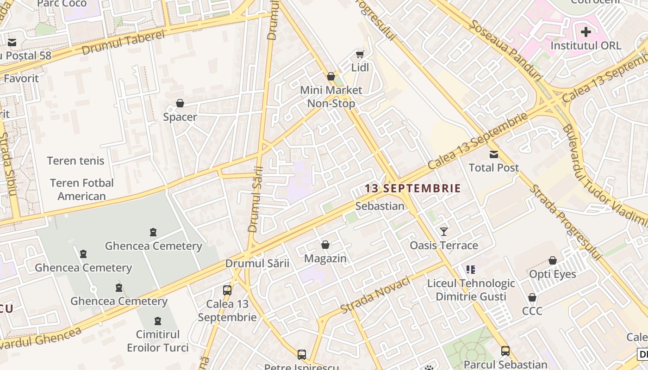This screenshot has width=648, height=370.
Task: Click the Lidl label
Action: click(x=360, y=68)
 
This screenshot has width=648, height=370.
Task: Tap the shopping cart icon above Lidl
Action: click(x=360, y=54)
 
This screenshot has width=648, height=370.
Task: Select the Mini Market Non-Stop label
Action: click(x=331, y=97)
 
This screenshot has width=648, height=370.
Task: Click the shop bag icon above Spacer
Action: click(x=180, y=103)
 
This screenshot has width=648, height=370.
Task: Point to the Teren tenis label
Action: click(x=75, y=161)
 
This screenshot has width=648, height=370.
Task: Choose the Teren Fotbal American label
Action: click(x=82, y=190)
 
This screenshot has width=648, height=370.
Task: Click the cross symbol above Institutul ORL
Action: click(x=586, y=32)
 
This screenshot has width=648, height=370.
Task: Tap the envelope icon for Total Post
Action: click(x=494, y=154)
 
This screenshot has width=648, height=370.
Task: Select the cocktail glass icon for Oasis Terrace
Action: click(x=444, y=231)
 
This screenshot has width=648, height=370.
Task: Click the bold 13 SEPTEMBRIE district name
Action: click(x=413, y=188)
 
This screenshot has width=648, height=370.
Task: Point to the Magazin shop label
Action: click(x=325, y=259)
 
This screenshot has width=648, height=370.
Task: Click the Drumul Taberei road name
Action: click(x=123, y=43)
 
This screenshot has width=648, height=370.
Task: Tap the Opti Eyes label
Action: click(x=553, y=274)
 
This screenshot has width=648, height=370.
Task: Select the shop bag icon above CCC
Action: click(x=532, y=297)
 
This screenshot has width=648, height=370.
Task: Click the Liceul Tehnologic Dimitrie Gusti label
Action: click(x=471, y=290)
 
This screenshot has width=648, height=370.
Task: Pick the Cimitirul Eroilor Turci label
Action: click(x=158, y=341)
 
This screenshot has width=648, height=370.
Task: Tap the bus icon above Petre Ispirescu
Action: click(x=302, y=355)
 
